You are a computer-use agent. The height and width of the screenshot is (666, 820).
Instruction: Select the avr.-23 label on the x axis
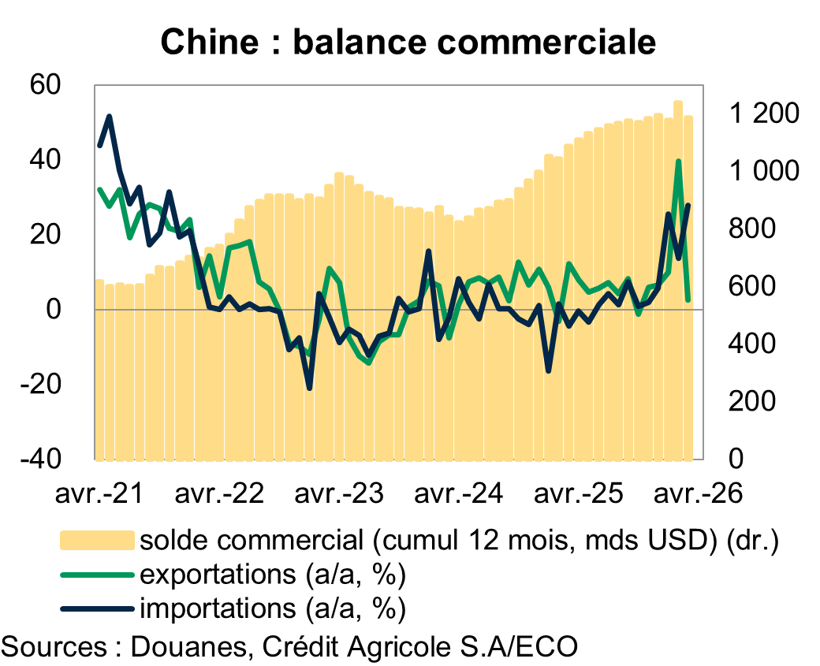coord(340,495)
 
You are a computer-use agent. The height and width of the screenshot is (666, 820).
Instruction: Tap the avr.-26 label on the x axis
coord(698,495)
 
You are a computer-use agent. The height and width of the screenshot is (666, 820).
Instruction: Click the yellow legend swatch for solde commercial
coord(96,540)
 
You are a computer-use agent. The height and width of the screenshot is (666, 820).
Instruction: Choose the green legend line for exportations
coord(96,575)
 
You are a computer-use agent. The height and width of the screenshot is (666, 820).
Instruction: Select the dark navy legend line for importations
coord(96,608)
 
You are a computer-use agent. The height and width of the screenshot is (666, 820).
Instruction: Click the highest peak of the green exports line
coord(678,162)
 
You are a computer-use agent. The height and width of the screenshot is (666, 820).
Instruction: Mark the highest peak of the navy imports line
coord(109,117)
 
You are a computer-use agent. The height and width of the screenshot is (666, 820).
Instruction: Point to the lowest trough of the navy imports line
coord(309,388)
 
